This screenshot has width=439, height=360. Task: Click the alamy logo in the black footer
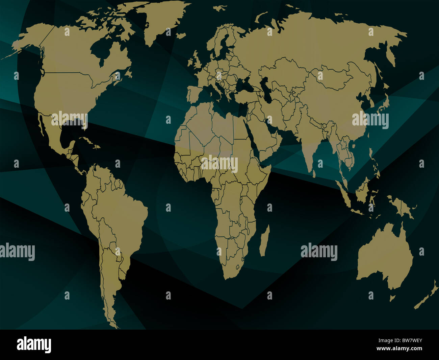[34, 345]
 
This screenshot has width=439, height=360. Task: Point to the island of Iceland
[181, 35]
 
